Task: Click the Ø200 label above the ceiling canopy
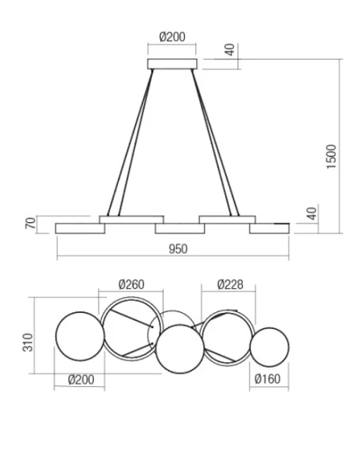point(172,37)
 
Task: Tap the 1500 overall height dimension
point(332,156)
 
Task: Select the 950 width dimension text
point(178,249)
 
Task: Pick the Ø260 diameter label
point(131,285)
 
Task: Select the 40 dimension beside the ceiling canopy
point(230,49)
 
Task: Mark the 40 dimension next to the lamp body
point(312,213)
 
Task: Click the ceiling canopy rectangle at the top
point(172,61)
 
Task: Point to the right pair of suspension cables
point(214,143)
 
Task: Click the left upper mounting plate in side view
point(131,219)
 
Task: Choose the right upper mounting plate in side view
point(226,219)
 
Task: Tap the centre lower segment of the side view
point(178,229)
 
